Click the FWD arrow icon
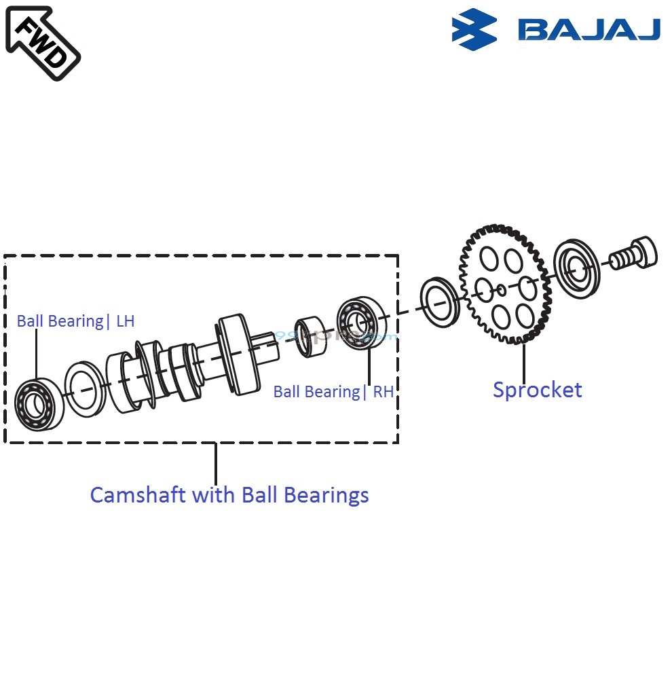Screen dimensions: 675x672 (x=42, y=42)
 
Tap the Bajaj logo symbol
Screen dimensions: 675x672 (x=475, y=29)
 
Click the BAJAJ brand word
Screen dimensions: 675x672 (x=589, y=29)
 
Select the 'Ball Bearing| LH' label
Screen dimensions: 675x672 (x=75, y=321)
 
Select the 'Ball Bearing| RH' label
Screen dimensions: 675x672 (x=333, y=392)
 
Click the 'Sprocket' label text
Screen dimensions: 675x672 (x=537, y=390)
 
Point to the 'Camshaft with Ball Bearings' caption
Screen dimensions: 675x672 (x=229, y=494)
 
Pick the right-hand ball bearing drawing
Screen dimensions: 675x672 (x=360, y=323)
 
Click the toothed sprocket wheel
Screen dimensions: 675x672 (x=505, y=285)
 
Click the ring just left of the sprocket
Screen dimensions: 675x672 (x=440, y=299)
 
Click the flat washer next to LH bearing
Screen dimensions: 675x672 (x=84, y=388)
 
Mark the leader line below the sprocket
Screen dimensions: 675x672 (x=523, y=363)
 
